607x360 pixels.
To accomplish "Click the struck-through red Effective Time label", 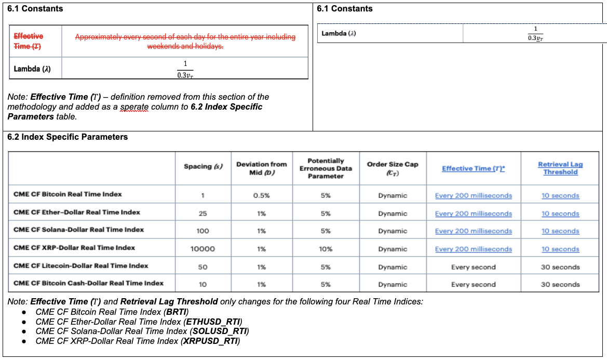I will point(29,41).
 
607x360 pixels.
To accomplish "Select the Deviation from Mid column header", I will point(261,168).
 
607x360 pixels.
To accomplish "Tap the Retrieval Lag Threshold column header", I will point(560,168).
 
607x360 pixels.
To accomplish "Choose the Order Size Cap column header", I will point(393,168).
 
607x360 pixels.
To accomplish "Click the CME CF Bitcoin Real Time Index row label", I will point(68,194).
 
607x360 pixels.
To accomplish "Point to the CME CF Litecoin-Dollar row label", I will point(80,266).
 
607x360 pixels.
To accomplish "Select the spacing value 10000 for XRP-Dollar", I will point(203,249).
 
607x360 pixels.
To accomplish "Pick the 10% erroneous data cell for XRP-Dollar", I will point(326,249).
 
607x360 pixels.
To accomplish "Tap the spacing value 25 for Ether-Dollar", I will point(203,214).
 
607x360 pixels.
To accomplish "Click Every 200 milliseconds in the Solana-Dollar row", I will point(473,231).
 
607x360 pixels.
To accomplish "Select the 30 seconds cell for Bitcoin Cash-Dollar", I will point(560,285).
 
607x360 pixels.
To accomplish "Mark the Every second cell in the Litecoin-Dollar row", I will point(473,267).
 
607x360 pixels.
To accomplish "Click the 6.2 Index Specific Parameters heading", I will point(68,138).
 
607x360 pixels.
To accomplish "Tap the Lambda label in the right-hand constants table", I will point(338,33).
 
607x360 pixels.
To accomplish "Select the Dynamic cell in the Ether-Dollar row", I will point(393,214).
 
